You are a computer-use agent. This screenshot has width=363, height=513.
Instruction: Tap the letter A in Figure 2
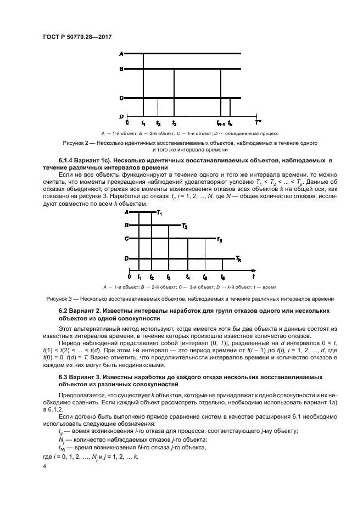pos(121,53)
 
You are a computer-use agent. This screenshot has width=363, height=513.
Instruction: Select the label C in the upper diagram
pos(121,98)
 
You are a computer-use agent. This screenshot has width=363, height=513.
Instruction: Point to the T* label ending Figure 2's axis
pos(258,123)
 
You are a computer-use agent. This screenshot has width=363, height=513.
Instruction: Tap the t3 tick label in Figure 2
pos(174,123)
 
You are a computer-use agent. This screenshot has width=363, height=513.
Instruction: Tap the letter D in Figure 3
pos(126,258)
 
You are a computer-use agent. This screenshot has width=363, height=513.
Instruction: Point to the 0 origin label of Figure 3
pos(129,277)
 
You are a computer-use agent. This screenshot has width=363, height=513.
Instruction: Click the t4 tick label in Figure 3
pos(188,277)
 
